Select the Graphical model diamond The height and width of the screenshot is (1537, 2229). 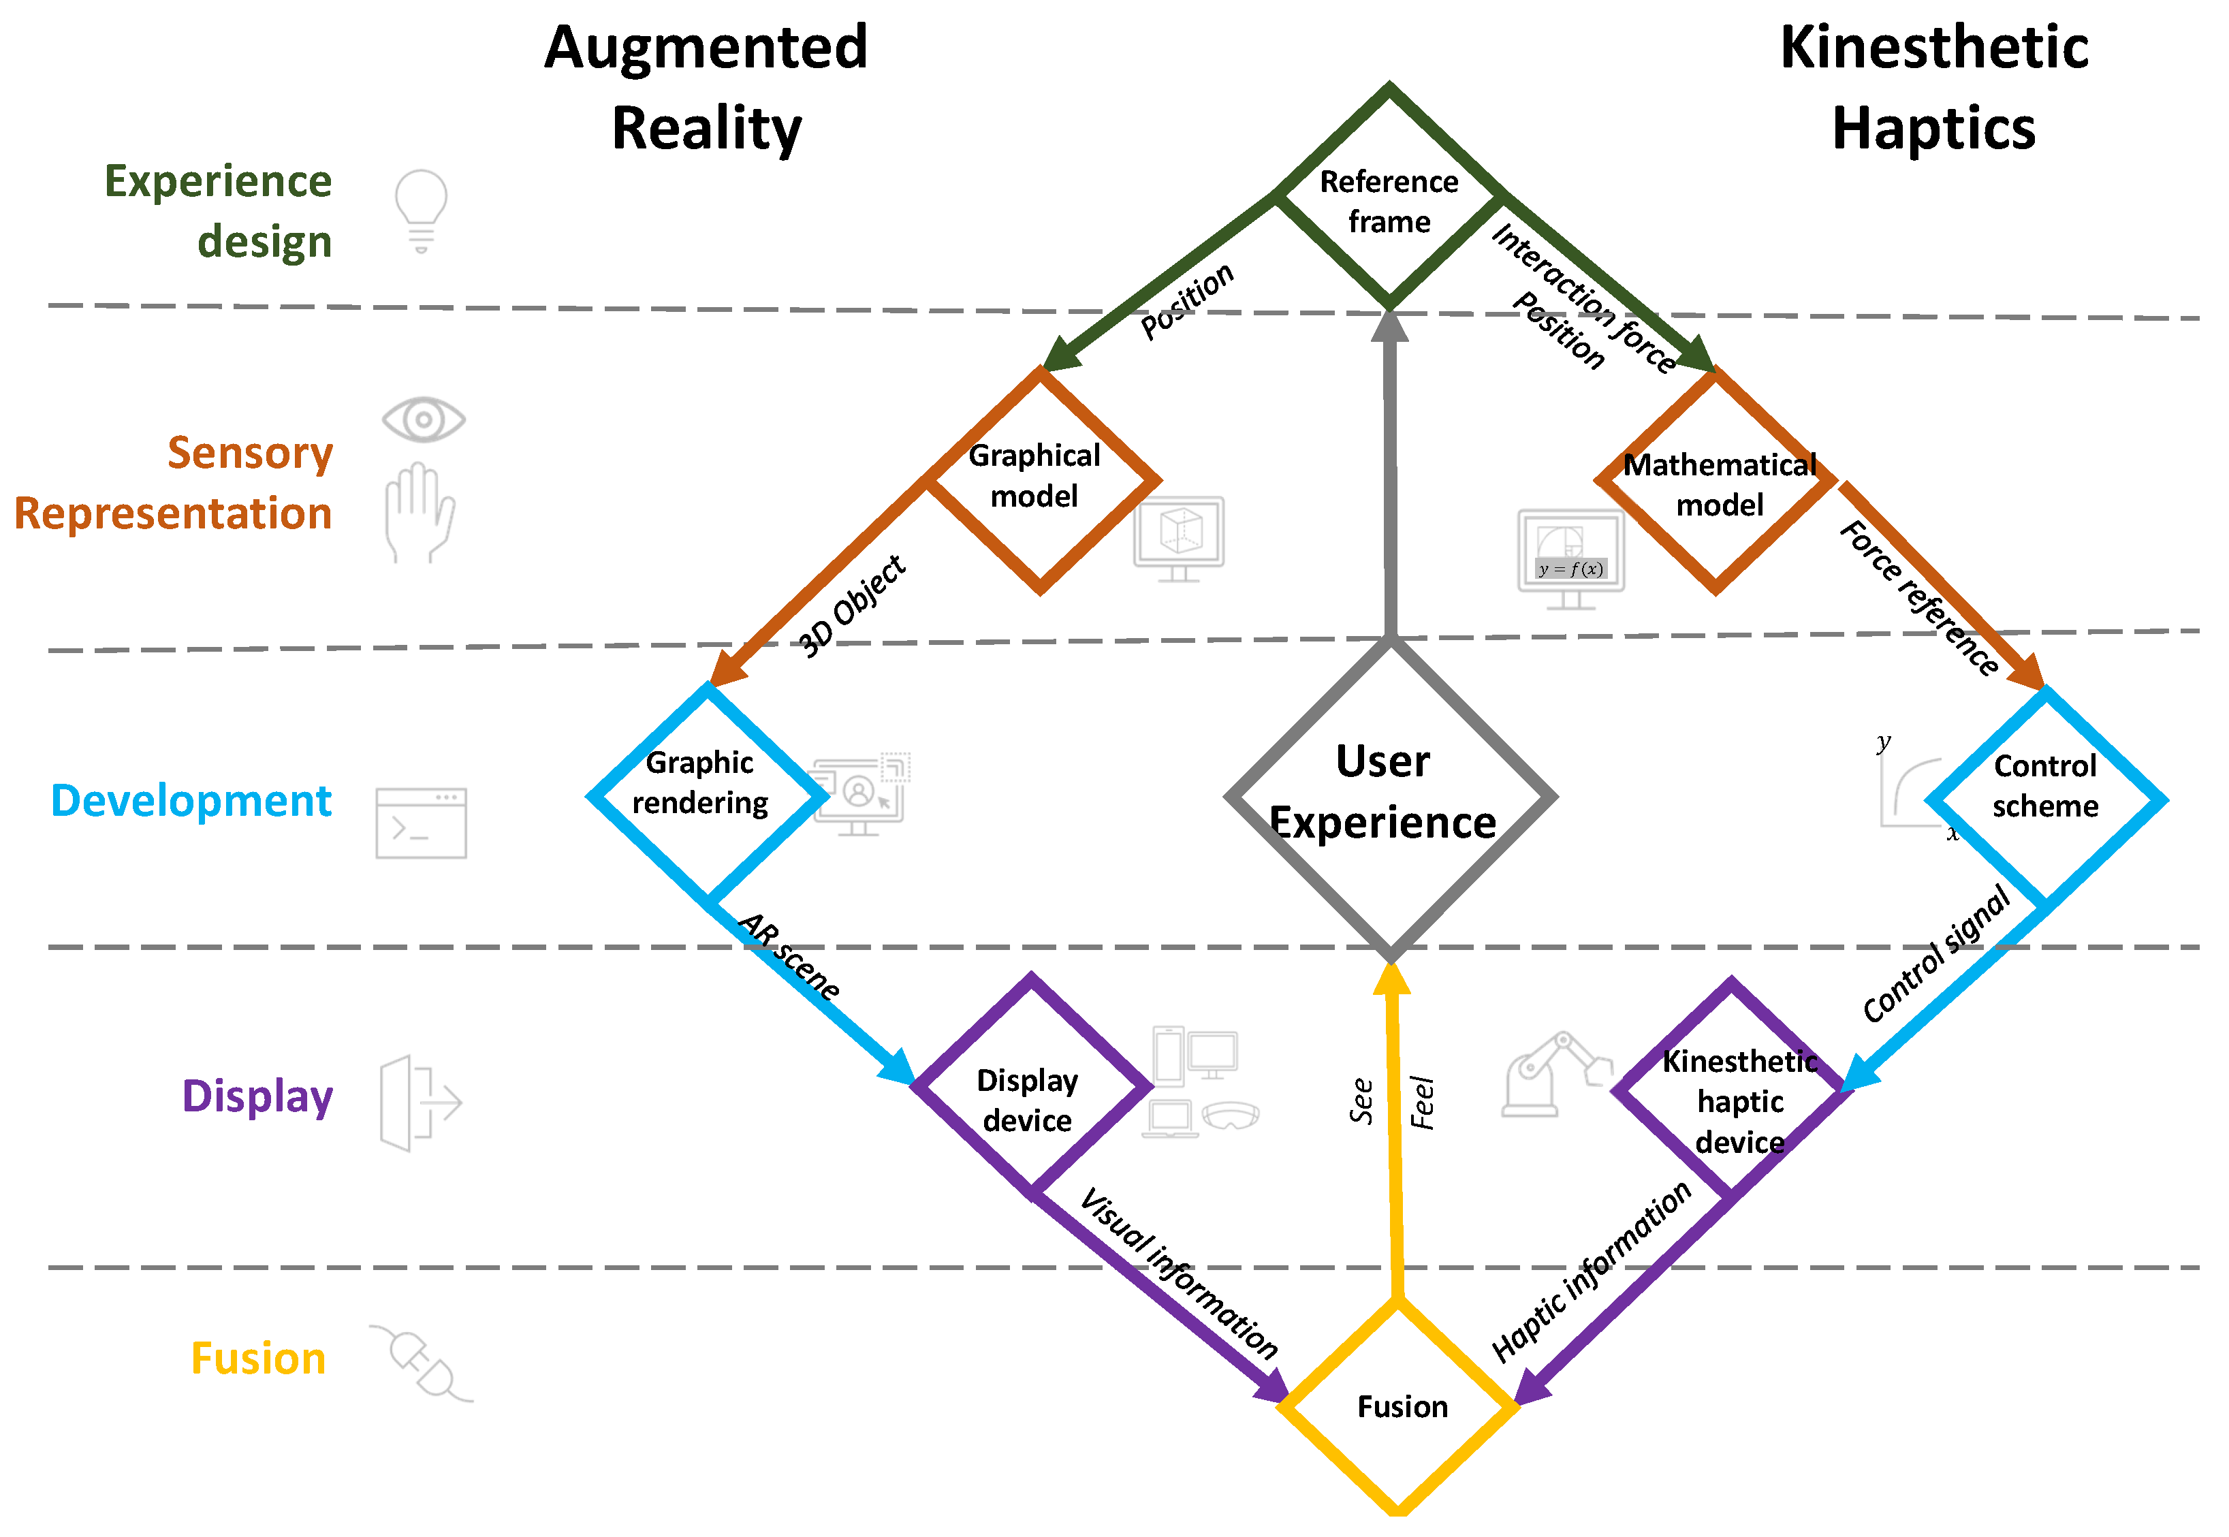pos(1038,479)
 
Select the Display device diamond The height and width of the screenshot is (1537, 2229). pos(1030,1088)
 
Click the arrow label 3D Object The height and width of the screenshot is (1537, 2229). pos(852,607)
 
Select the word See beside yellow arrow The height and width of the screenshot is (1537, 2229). pos(1361,1100)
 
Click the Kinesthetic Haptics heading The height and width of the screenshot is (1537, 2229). pos(1933,86)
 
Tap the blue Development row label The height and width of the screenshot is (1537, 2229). pos(191,802)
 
